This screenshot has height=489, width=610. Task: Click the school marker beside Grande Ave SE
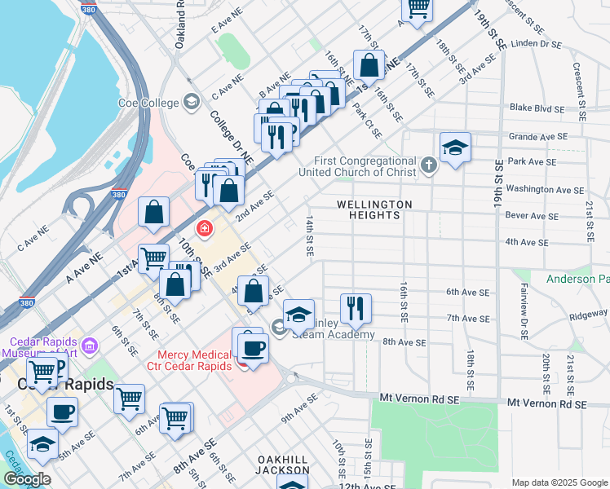coord(455,148)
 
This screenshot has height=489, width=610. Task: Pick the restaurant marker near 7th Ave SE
coord(355,309)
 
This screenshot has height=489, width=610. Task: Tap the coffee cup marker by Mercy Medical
coord(252,349)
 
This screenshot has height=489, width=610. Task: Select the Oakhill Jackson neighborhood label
coord(282,465)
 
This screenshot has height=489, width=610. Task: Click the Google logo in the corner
coord(27,479)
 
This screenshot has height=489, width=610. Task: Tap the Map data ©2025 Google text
coord(559,482)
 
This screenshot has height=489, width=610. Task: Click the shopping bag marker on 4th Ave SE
coord(255,291)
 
